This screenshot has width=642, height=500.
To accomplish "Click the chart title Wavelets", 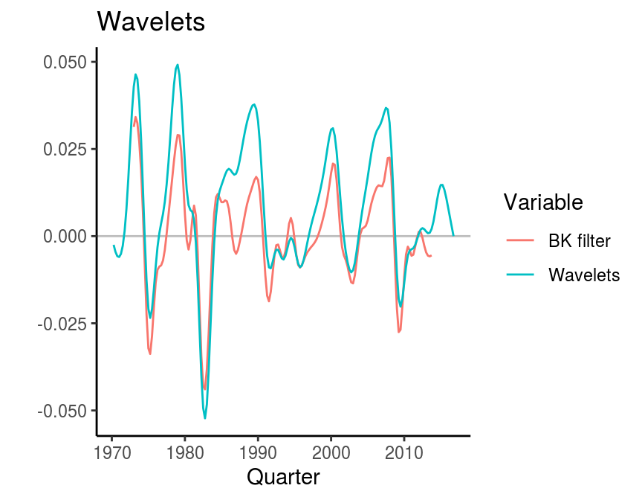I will (151, 22).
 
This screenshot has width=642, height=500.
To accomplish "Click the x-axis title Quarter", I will (283, 477).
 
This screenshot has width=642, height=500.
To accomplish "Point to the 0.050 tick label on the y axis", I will (65, 62).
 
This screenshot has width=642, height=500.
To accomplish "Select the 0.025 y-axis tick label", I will (65, 149).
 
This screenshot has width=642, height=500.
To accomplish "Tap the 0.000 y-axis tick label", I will (65, 236).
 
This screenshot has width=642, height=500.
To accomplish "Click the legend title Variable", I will (542, 202).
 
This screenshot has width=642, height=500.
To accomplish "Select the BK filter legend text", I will (580, 240).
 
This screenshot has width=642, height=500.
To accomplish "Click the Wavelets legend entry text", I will (584, 275).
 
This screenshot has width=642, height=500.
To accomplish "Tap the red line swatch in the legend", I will (520, 240).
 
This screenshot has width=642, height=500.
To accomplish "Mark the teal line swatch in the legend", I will (520, 275).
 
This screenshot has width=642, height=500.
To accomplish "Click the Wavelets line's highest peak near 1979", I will (178, 65).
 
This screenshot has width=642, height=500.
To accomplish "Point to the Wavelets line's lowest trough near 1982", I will (205, 418).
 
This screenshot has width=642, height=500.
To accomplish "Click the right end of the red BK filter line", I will (431, 256).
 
